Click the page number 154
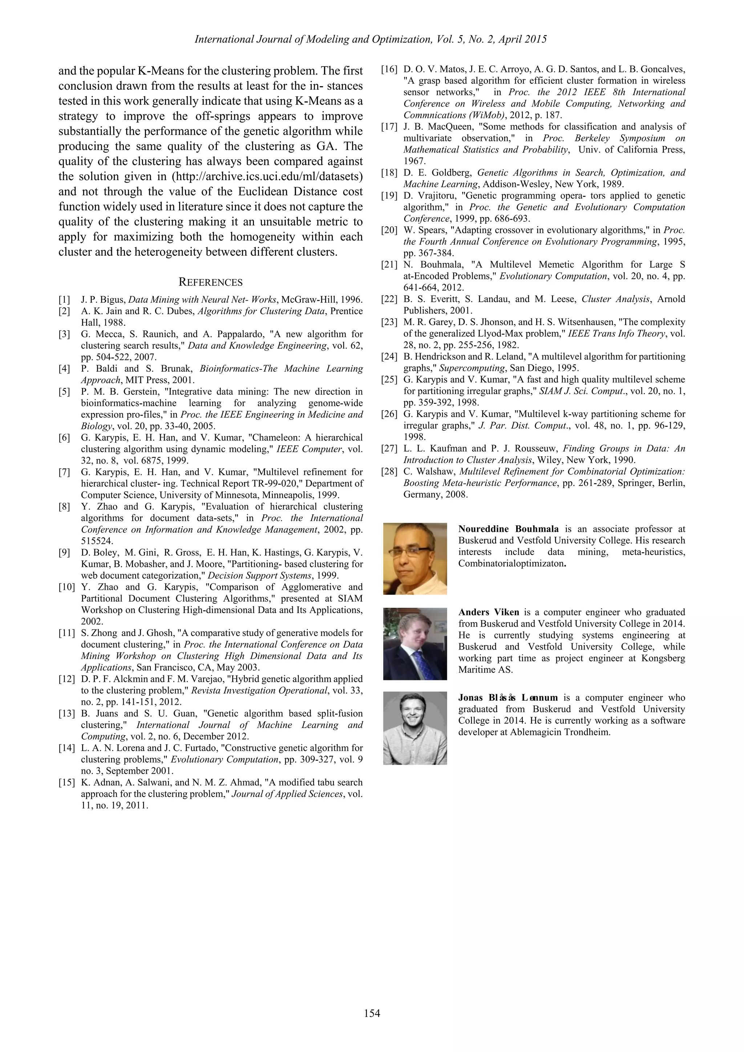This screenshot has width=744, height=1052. pyautogui.click(x=372, y=1013)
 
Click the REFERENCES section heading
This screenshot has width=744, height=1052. pyautogui.click(x=210, y=282)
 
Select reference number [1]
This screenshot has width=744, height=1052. pyautogui.click(x=64, y=300)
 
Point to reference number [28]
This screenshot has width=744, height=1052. pyautogui.click(x=389, y=472)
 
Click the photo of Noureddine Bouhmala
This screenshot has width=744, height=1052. pyautogui.click(x=415, y=559)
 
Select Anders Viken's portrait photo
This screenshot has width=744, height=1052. pyautogui.click(x=415, y=643)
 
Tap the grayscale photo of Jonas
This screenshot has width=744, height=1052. pyautogui.click(x=415, y=728)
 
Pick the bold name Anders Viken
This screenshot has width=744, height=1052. pyautogui.click(x=488, y=612)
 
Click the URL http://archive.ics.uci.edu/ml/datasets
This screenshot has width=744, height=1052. pyautogui.click(x=267, y=177)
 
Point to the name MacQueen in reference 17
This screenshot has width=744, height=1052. pyautogui.click(x=449, y=126)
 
